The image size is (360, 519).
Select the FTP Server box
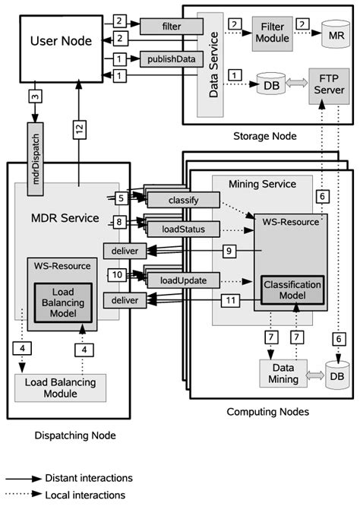pos(327,83)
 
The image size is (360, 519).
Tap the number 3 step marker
pos(36,97)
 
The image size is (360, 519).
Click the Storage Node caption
pos(266,136)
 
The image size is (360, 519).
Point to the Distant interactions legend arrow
pos(23,478)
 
